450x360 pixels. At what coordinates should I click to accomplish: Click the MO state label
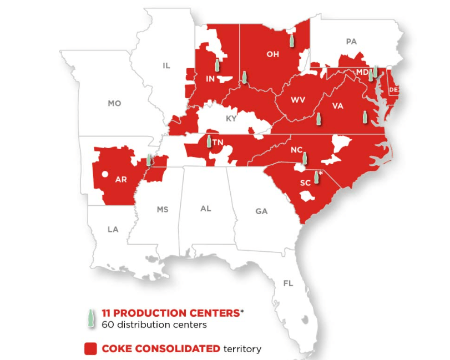[x=114, y=103]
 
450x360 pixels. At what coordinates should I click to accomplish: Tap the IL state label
[x=166, y=65]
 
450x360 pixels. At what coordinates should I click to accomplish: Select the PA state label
[x=351, y=41]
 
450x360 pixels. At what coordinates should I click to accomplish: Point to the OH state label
[x=272, y=54]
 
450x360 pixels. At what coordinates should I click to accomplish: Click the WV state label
[x=298, y=100]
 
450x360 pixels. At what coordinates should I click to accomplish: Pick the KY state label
[x=231, y=119]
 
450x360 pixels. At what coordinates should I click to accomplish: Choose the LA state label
[x=113, y=229]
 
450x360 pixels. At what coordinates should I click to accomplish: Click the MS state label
[x=162, y=209]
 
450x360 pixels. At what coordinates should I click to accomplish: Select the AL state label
[x=206, y=209]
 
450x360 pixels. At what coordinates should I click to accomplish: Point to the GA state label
[x=261, y=211]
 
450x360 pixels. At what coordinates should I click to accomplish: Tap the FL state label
[x=288, y=283]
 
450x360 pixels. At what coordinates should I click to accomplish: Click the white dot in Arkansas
[x=105, y=175]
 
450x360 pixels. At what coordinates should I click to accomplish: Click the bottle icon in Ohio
[x=291, y=39]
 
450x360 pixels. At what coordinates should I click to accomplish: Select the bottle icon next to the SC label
[x=316, y=177]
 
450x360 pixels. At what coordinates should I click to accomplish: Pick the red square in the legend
[x=90, y=349]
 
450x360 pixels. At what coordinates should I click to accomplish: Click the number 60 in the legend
[x=106, y=324]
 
